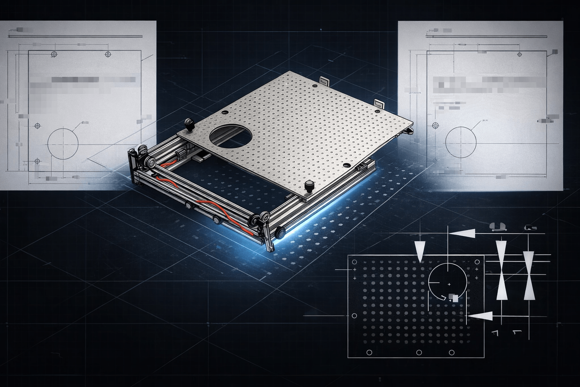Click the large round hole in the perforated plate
pyautogui.click(x=230, y=136)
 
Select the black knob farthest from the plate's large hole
pyautogui.click(x=310, y=186)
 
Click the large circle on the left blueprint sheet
pyautogui.click(x=63, y=143)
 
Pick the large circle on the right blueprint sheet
pyautogui.click(x=461, y=142)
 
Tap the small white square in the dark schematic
pyautogui.click(x=455, y=298)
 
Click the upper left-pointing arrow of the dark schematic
pyautogui.click(x=462, y=234)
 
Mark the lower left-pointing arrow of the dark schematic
pyautogui.click(x=480, y=316)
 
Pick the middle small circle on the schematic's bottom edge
pyautogui.click(x=418, y=352)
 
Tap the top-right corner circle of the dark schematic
pyautogui.click(x=477, y=262)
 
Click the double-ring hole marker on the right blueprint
pyautogui.click(x=435, y=125)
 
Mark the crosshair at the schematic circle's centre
pyautogui.click(x=449, y=284)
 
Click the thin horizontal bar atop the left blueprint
pyautogui.click(x=76, y=37)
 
